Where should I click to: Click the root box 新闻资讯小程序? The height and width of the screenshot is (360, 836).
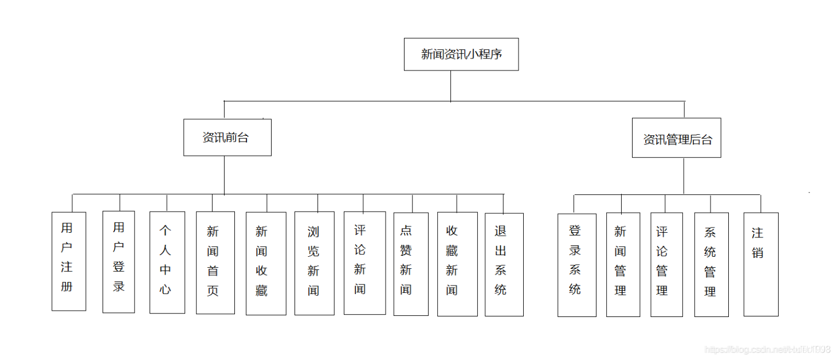point(461,54)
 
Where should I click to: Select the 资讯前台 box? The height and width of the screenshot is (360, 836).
point(227,138)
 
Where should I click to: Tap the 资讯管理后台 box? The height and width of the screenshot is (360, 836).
point(676,138)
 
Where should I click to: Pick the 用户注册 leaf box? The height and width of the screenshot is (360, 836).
point(69,261)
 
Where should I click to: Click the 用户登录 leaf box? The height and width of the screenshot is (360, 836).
point(119,262)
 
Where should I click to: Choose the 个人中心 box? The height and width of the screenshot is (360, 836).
point(167,263)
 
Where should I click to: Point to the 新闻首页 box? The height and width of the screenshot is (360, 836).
point(215,263)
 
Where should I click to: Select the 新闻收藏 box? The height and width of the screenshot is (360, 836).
point(266,264)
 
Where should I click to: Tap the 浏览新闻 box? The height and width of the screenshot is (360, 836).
point(314,264)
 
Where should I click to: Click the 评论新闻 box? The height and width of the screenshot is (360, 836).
point(364,263)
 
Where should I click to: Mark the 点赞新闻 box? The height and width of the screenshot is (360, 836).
point(411,264)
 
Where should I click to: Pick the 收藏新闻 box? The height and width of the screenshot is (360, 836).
point(457,264)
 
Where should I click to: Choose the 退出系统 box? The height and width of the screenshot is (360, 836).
point(504,264)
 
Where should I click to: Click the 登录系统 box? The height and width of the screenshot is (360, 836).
point(576,265)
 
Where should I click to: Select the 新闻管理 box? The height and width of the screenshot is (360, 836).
point(623,265)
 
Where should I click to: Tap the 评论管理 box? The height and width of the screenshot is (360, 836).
point(666,265)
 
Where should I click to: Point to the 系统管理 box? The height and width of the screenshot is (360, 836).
point(711,265)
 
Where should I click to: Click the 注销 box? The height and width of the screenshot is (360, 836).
point(760,264)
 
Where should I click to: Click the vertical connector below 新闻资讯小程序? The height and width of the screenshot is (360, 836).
point(450,86)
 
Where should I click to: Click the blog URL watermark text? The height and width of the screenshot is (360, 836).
point(767,349)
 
